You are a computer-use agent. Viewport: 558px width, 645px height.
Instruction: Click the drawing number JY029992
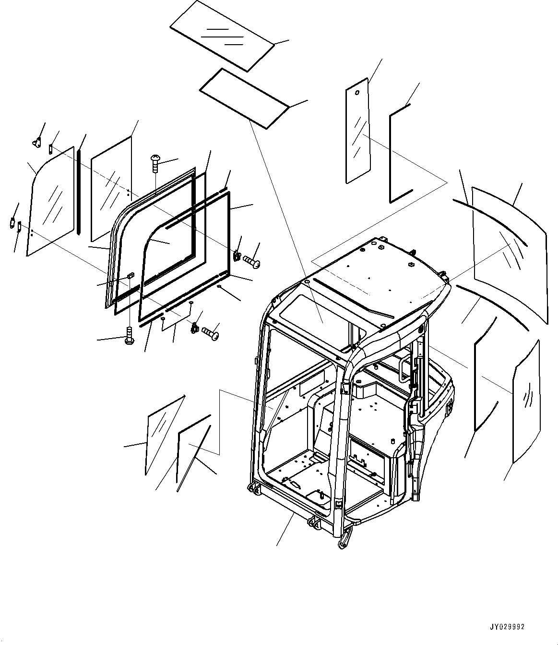tap(507, 627)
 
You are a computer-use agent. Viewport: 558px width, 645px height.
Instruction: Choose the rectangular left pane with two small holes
tap(110, 187)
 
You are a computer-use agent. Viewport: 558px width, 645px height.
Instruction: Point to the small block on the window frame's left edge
tap(131, 275)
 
